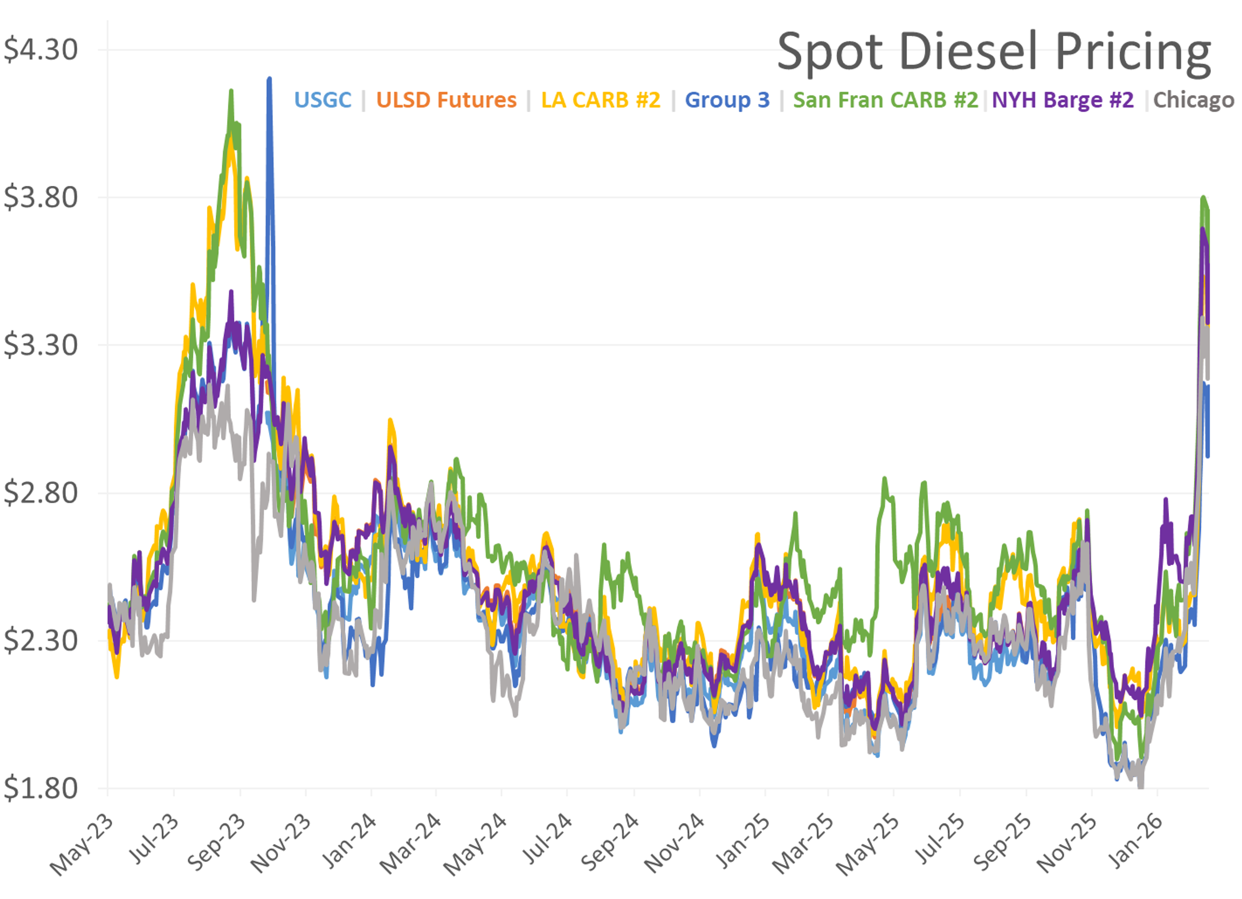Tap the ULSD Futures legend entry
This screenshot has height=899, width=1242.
pyautogui.click(x=446, y=100)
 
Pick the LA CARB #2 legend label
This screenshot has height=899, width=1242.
pyautogui.click(x=601, y=100)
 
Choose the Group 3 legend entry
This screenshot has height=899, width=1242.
pyautogui.click(x=727, y=100)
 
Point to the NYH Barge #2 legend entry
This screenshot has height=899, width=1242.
pyautogui.click(x=1062, y=100)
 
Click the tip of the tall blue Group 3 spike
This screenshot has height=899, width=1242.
pyautogui.click(x=269, y=79)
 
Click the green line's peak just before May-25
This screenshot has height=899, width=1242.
pyautogui.click(x=884, y=479)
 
